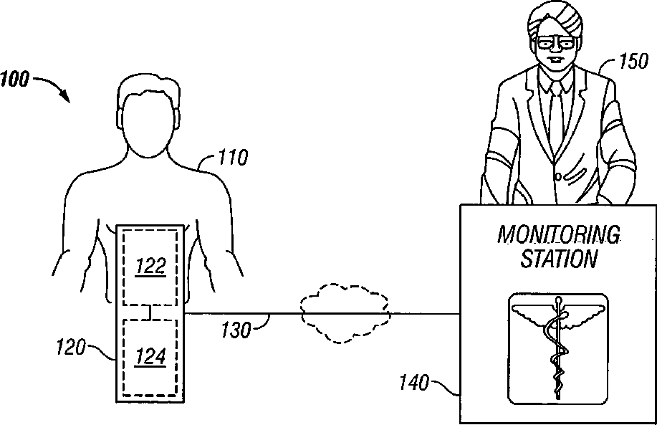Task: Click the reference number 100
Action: [15, 78]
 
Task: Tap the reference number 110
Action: [232, 156]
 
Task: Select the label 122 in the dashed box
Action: [151, 267]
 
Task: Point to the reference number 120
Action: [70, 349]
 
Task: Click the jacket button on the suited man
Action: [557, 176]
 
